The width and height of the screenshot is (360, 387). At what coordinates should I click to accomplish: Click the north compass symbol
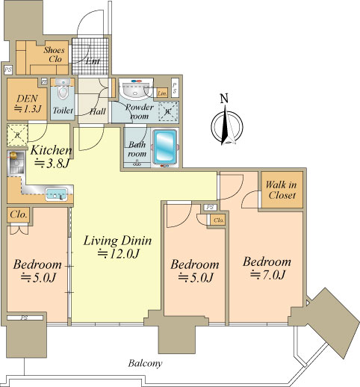pos(227,126)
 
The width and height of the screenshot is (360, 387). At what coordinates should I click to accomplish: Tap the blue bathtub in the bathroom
pos(165,146)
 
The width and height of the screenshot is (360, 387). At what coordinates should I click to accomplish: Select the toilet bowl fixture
pos(63,90)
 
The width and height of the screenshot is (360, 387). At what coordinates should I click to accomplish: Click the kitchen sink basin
pos(56,194)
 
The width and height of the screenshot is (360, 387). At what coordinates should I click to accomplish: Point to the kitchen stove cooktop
pos(16,162)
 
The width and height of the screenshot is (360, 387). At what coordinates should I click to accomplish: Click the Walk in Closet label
pos(282,190)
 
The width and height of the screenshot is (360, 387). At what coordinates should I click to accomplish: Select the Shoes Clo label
pos(54,55)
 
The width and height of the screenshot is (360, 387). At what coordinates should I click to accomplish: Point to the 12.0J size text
pos(118,254)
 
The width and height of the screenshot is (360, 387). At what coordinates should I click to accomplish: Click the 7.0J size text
pos(267,275)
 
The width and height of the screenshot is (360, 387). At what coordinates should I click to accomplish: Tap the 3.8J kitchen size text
pos(52,163)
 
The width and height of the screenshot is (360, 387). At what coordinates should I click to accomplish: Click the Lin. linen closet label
pos(162,93)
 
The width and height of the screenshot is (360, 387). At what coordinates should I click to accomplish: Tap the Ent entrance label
pos(93,61)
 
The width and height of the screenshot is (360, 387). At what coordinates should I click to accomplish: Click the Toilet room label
pos(63,111)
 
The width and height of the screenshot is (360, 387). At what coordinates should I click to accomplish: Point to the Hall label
pos(98,111)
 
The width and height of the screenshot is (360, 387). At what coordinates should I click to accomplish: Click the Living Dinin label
pos(117,241)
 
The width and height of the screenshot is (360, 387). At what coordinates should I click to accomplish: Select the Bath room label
pos(137,149)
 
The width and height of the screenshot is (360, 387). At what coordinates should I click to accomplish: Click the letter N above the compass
pos(224,99)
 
